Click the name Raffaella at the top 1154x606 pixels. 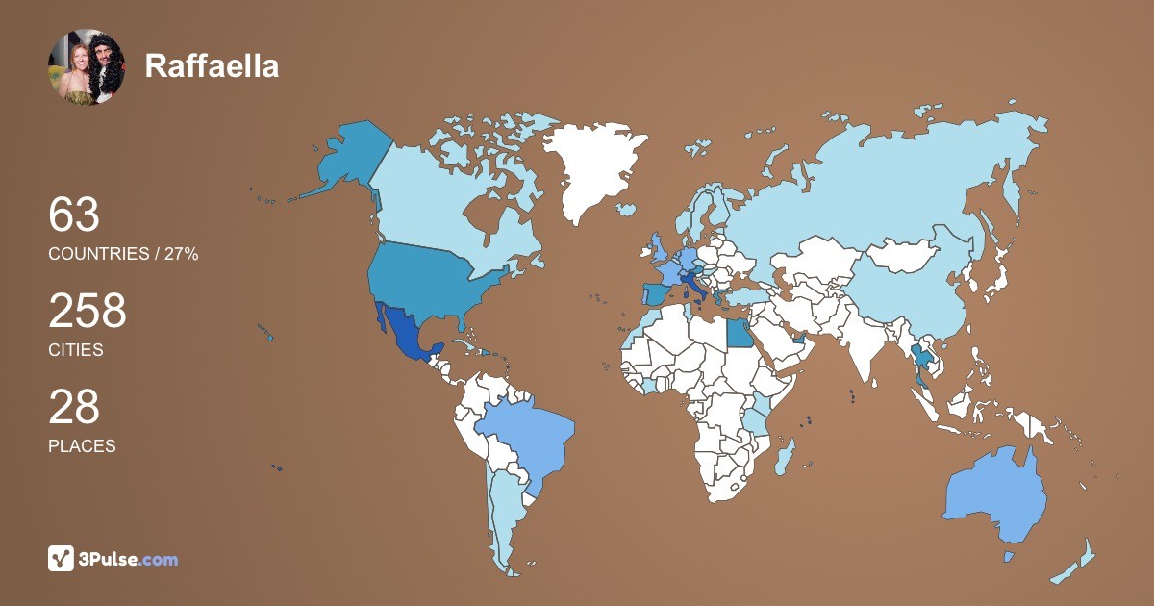pos(212,66)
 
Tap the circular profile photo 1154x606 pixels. pos(87,66)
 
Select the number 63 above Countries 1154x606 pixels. pos(74,215)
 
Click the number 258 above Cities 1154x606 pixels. pos(88,312)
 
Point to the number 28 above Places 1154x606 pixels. pos(74,408)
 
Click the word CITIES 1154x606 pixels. pos(76,350)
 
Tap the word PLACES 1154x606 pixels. pos(82,446)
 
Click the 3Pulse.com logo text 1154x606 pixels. pos(128,559)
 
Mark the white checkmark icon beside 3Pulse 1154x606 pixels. pos(62,559)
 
